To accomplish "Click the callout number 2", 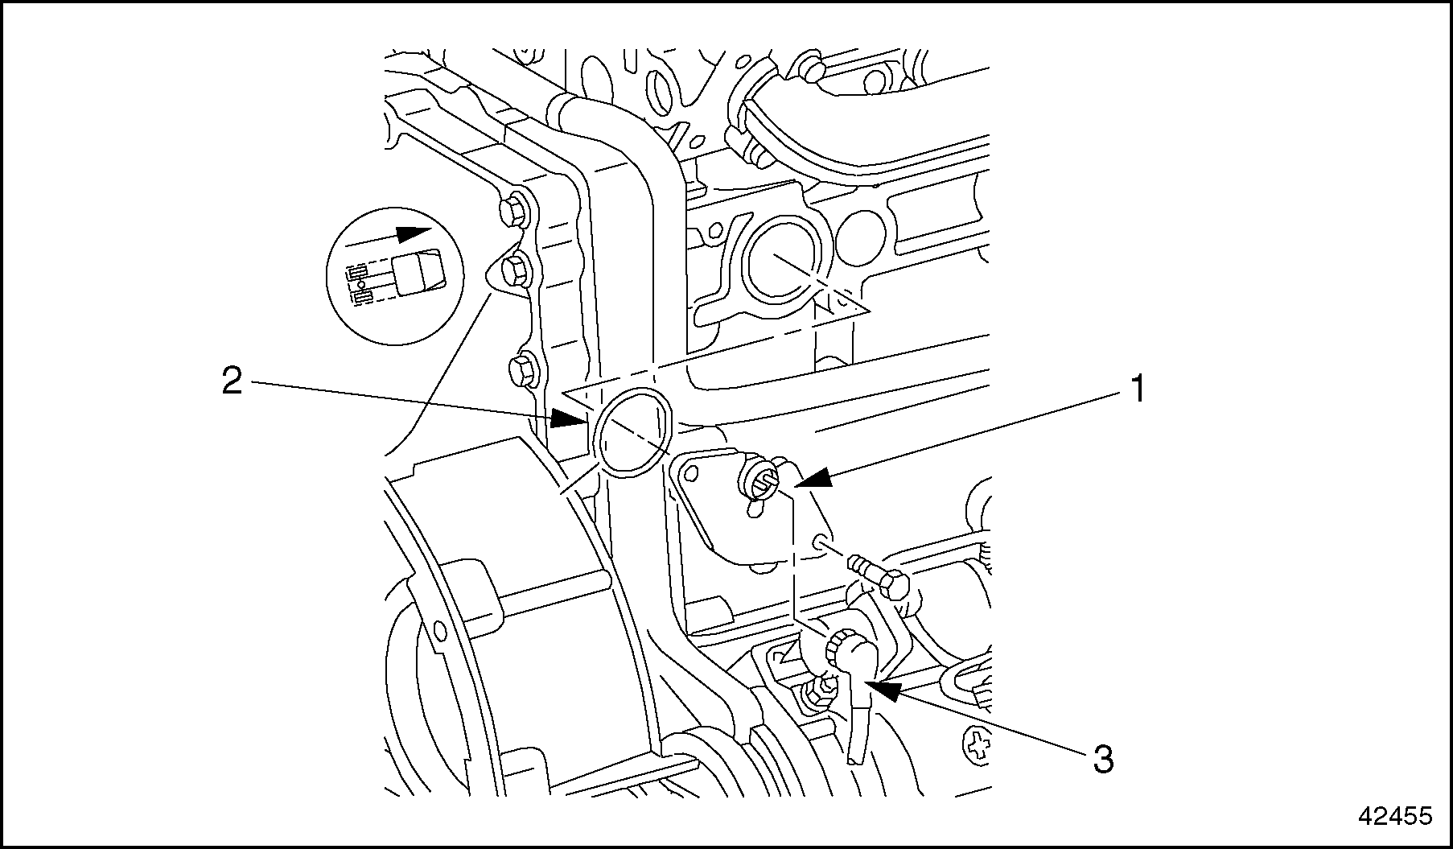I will pos(232,381).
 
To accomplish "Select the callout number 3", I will pos(1103,758).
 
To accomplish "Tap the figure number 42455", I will pos(1395,816).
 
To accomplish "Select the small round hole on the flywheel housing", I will pos(439,628).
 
